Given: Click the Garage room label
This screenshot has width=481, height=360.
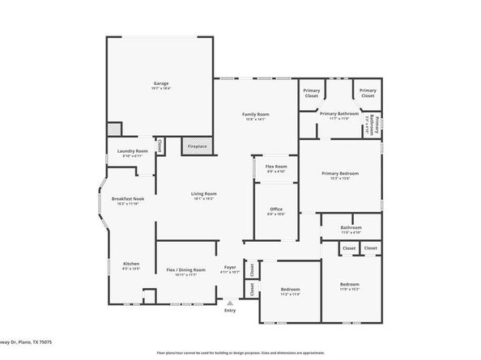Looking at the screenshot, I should (x=161, y=84).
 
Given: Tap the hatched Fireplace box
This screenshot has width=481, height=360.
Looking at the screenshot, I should (x=197, y=146).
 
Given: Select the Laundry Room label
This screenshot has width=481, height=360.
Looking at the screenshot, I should (x=130, y=152).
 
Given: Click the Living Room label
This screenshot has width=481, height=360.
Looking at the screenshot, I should (x=203, y=195).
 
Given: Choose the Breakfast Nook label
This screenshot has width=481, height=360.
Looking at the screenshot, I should (x=127, y=200).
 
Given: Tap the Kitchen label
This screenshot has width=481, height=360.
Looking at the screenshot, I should (x=130, y=265).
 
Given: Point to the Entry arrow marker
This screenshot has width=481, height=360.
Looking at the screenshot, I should (x=230, y=303).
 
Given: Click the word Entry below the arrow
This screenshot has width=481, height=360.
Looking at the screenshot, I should (x=230, y=311).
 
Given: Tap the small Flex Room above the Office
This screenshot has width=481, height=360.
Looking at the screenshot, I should (x=276, y=168).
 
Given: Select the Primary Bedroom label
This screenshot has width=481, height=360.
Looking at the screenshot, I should (x=339, y=175).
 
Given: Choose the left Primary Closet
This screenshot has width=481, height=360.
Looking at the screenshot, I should (x=312, y=94).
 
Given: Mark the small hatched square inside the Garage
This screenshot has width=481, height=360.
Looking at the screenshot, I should (x=114, y=129).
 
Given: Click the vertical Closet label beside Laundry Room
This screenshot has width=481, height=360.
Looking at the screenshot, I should (x=160, y=146).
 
